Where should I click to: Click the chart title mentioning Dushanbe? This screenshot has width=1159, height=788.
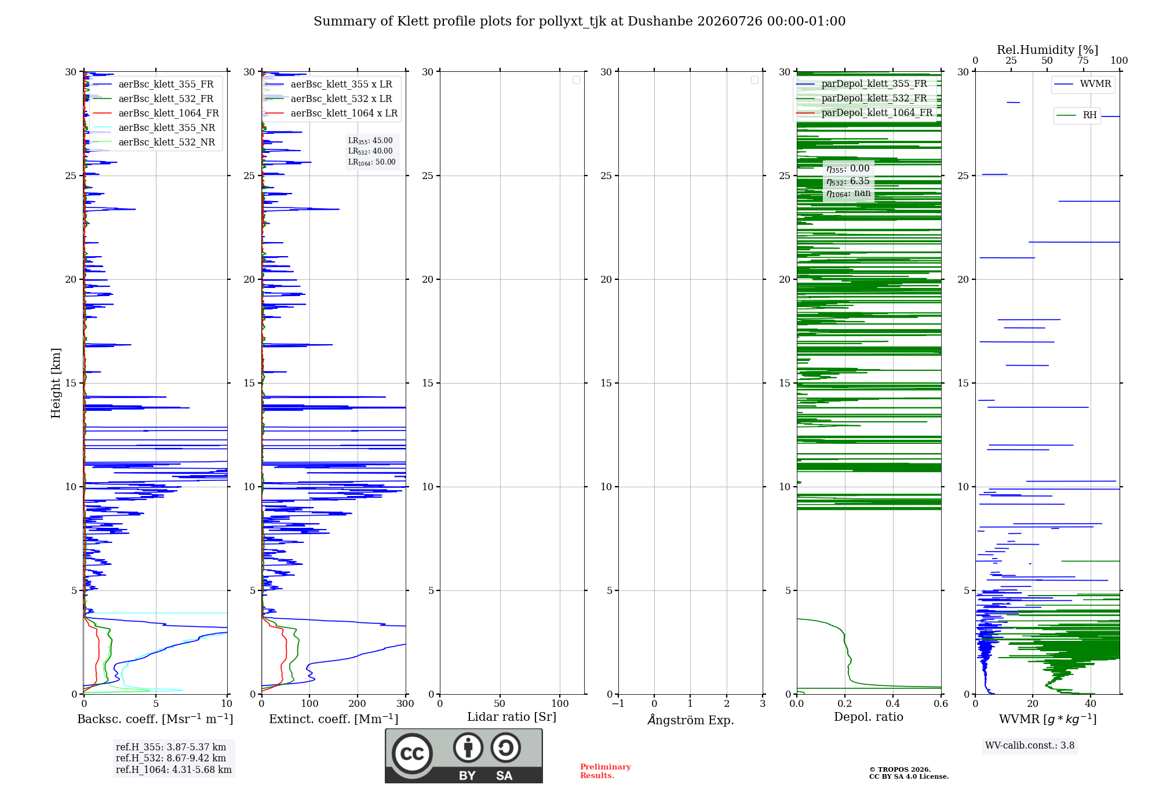579,21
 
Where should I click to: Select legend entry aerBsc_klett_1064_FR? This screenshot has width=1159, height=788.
155,113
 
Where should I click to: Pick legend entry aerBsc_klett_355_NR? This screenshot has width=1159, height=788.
154,127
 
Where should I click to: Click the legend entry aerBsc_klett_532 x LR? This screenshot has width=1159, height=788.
329,99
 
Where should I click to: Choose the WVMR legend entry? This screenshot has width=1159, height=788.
1083,84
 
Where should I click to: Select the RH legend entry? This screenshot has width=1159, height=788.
1077,115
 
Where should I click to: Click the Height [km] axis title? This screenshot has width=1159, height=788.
56,383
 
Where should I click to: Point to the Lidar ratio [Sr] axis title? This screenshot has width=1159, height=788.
512,717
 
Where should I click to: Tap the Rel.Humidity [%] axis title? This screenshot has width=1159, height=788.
1048,50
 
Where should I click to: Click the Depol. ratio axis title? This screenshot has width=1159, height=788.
869,717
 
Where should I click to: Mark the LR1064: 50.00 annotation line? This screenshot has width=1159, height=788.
372,162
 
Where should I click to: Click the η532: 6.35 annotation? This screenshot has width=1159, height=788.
848,181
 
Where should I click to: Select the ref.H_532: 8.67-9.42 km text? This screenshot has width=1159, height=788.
171,758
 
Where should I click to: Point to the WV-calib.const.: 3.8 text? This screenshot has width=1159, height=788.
1030,746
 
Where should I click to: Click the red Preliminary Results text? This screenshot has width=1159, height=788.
606,771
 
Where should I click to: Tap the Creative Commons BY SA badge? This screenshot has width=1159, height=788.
464,756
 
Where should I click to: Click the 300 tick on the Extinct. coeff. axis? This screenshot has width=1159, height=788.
406,703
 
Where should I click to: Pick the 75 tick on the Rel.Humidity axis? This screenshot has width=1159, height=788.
1083,61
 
